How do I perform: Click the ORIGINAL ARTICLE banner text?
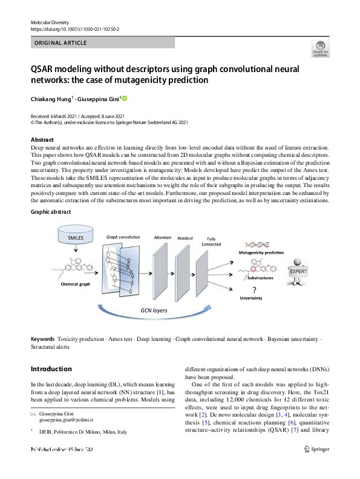pos(61,43)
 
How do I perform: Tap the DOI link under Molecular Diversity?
pos(75,29)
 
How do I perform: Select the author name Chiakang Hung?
pos(51,98)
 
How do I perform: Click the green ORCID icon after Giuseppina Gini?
pos(125,98)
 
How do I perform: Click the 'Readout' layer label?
pos(185,238)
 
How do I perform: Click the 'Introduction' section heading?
pos(51,369)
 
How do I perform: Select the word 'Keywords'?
pos(42,339)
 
